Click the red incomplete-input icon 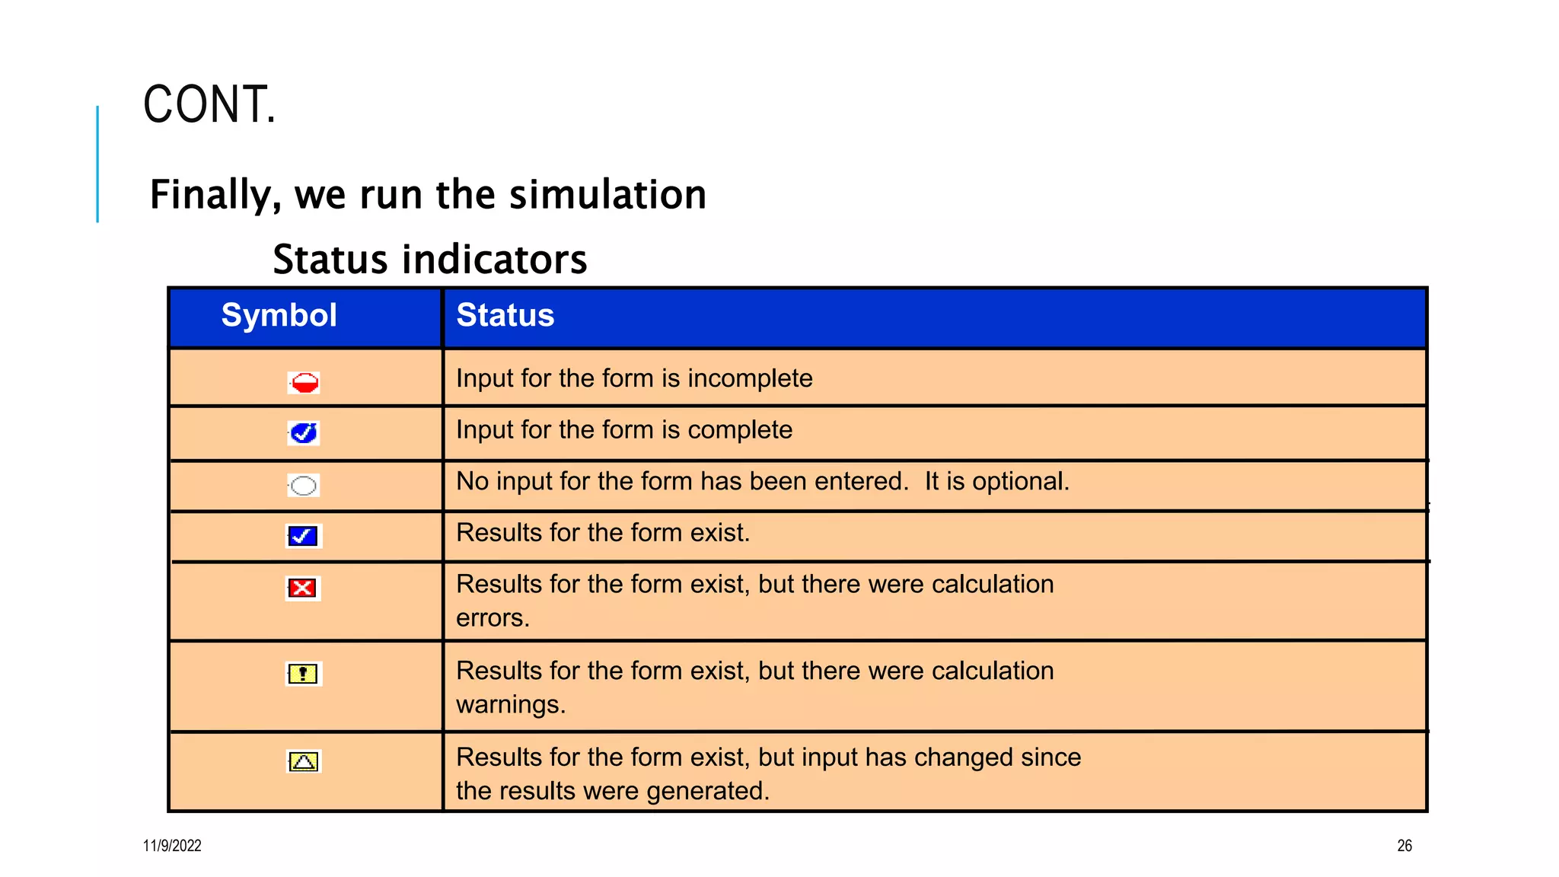tap(304, 382)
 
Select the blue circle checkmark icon tap(304, 433)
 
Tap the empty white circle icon tap(304, 485)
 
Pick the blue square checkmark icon tap(303, 536)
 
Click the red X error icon tap(303, 588)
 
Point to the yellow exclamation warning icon tap(303, 674)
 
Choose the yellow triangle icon tap(304, 761)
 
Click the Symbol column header tap(279, 315)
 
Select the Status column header tap(505, 315)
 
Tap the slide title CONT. tap(209, 104)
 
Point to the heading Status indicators tap(430, 260)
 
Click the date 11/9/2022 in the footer tap(172, 846)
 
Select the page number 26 tap(1404, 846)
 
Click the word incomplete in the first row tap(750, 378)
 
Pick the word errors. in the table tap(493, 617)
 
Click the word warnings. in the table tap(511, 704)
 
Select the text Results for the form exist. tap(603, 533)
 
